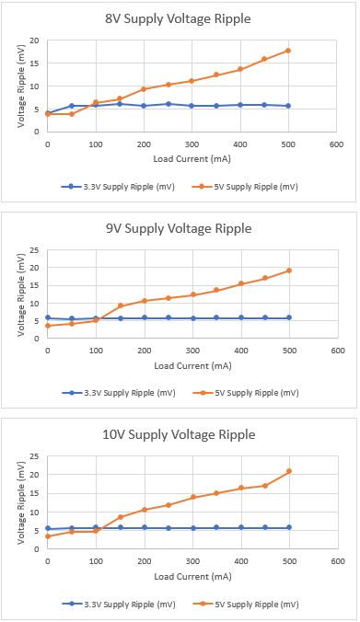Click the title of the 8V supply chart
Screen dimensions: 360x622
pyautogui.click(x=178, y=18)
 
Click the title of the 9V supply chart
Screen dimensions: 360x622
pyautogui.click(x=179, y=228)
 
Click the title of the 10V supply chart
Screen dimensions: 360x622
pyautogui.click(x=179, y=434)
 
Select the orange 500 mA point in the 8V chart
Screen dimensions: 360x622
pyautogui.click(x=288, y=51)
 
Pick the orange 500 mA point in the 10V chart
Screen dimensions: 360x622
pyautogui.click(x=289, y=471)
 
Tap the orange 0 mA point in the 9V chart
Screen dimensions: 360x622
pyautogui.click(x=48, y=326)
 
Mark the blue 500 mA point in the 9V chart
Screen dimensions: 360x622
pyautogui.click(x=289, y=317)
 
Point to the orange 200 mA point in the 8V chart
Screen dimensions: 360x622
pyautogui.click(x=144, y=89)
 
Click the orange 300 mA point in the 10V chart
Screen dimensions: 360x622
pyautogui.click(x=193, y=497)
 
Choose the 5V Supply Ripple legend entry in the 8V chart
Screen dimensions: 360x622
pyautogui.click(x=244, y=187)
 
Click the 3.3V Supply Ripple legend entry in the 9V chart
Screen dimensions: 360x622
pyautogui.click(x=119, y=393)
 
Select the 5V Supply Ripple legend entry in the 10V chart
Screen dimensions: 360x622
pyautogui.click(x=245, y=605)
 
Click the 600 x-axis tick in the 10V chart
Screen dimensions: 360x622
pyautogui.click(x=338, y=561)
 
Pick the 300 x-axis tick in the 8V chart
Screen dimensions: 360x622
pyautogui.click(x=192, y=144)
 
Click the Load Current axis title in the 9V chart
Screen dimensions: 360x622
pyautogui.click(x=193, y=365)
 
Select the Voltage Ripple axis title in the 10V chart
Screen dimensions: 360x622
pyautogui.click(x=20, y=503)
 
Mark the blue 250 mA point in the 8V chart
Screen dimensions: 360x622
pyautogui.click(x=168, y=104)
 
